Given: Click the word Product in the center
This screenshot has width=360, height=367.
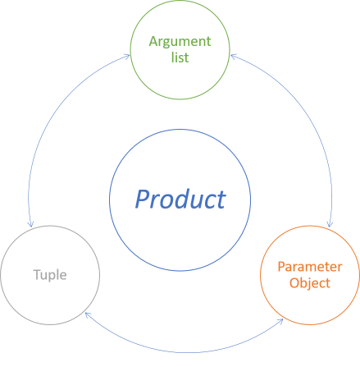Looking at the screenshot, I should point(180,199).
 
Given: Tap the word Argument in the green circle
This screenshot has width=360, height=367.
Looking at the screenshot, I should point(180,41).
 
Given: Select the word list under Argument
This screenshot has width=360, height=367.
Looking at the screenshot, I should point(180,57).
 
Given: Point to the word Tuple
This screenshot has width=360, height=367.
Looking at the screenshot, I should point(50,275).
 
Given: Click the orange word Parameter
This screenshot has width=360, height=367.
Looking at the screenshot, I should point(309,268).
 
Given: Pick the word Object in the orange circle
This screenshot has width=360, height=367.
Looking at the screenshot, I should point(309,283).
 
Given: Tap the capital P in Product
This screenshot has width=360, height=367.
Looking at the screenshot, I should point(143,199).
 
